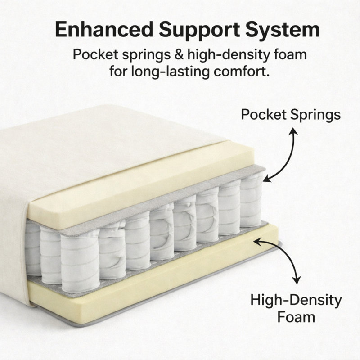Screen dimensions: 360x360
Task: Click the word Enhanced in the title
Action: coord(104,29)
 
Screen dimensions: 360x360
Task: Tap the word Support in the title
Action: coord(199,30)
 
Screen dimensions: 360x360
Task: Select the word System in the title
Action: coord(283,30)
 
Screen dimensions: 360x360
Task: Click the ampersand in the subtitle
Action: coord(179,54)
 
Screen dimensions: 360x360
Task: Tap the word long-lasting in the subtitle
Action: coord(170,72)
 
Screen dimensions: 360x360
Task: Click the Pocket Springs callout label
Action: coord(291,114)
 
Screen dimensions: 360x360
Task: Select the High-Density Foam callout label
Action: coord(296,309)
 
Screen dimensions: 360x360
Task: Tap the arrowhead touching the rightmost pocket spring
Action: coord(267,178)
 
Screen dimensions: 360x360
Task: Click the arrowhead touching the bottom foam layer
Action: coord(257,242)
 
